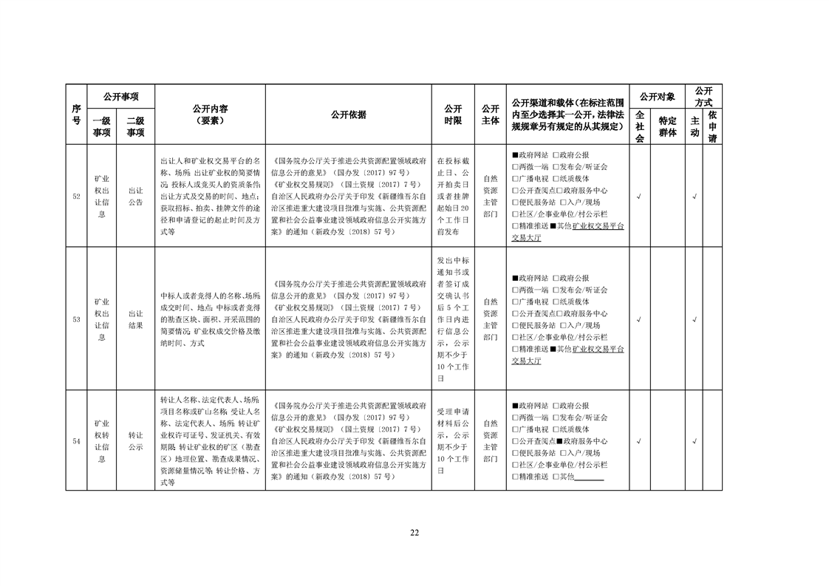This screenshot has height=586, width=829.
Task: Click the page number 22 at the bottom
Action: point(414,533)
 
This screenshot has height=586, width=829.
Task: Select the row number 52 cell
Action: point(76,197)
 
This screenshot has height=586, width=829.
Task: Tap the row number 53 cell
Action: point(76,319)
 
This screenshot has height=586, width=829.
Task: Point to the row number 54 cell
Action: point(76,441)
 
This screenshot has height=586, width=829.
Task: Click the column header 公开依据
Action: point(348,115)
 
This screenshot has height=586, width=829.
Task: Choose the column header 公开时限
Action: point(453,115)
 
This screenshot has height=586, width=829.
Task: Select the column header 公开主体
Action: point(490,115)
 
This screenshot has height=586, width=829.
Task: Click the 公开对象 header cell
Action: point(657,96)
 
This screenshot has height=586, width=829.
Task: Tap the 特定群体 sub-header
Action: point(667,126)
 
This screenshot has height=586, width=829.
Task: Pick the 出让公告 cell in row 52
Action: point(135,197)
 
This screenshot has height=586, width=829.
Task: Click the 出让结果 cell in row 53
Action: point(135,319)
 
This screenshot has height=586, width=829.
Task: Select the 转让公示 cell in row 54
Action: point(135,441)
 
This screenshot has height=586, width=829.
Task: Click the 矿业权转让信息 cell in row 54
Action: point(101,441)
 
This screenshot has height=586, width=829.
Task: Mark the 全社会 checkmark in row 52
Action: point(639,197)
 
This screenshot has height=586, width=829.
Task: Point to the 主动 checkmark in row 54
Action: point(695,441)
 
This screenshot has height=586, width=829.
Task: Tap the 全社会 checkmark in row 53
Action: point(639,319)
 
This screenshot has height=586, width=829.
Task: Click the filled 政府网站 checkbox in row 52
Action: point(515,156)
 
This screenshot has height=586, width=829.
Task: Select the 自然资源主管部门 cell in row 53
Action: point(490,319)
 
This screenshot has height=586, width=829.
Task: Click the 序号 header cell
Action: point(76,115)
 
